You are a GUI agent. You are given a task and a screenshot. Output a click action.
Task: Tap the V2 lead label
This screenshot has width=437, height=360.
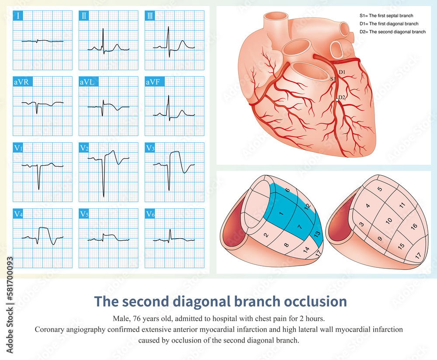[84, 148]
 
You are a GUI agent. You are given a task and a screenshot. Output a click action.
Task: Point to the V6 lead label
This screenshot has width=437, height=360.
[150, 214]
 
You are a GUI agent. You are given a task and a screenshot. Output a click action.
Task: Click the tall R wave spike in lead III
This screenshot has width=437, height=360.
[168, 31]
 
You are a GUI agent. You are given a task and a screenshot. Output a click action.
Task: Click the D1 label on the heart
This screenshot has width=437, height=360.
[342, 72]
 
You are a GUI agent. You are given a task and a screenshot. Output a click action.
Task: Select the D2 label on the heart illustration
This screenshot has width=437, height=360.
[341, 97]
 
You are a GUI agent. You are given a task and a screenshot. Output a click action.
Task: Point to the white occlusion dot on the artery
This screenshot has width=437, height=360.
[336, 100]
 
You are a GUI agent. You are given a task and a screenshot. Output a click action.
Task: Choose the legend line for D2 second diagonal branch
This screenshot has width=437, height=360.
[392, 31]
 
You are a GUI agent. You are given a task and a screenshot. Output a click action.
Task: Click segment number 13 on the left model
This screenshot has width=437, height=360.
[317, 233]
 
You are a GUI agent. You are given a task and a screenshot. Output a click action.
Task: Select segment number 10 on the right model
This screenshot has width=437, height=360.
[388, 222]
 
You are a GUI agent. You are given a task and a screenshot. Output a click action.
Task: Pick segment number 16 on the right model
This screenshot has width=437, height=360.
[414, 226]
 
